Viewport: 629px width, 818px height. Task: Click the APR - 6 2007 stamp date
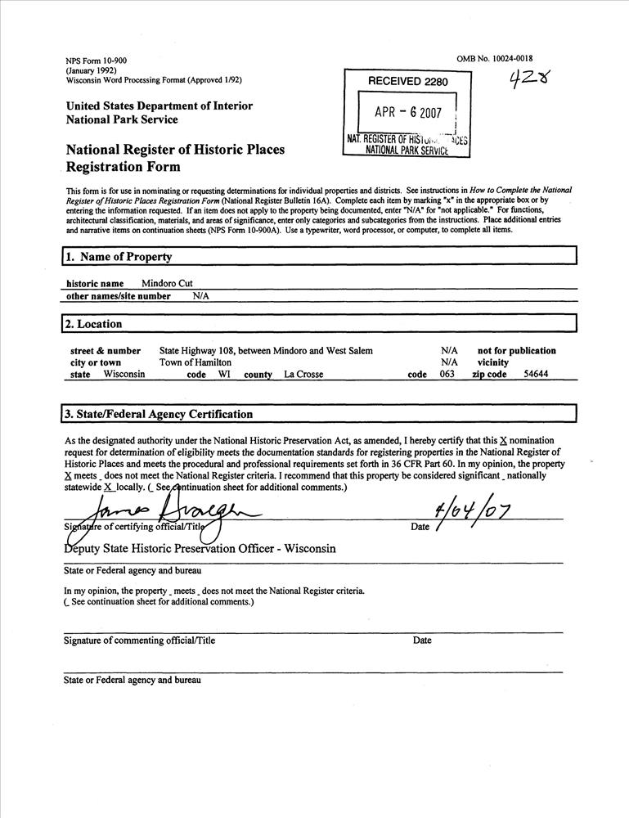pyautogui.click(x=407, y=113)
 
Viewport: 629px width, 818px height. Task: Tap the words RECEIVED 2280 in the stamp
pyautogui.click(x=408, y=81)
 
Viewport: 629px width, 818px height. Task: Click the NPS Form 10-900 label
pyautogui.click(x=96, y=61)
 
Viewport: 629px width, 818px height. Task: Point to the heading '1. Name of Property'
pyautogui.click(x=119, y=257)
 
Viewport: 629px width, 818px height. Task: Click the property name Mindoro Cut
pyautogui.click(x=168, y=283)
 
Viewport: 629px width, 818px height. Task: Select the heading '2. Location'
pyautogui.click(x=94, y=324)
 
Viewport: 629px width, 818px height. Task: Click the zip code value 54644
pyautogui.click(x=537, y=375)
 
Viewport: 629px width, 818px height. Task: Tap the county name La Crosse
pyautogui.click(x=303, y=375)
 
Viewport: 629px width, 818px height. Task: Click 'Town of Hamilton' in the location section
pyautogui.click(x=195, y=362)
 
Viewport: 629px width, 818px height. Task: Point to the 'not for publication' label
pyautogui.click(x=516, y=351)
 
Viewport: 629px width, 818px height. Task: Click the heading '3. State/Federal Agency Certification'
pyautogui.click(x=159, y=414)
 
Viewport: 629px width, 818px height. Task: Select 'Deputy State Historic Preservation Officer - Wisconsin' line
pyautogui.click(x=200, y=549)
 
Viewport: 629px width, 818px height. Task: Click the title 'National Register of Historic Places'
pyautogui.click(x=175, y=150)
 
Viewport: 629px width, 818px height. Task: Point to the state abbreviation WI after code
pyautogui.click(x=223, y=375)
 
